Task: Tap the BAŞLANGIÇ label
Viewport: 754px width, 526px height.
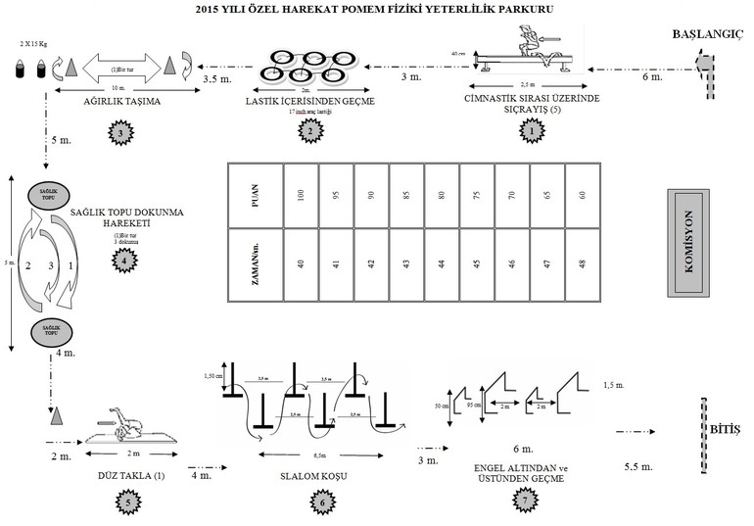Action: coord(710,35)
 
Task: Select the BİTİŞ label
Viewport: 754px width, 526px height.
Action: coord(729,430)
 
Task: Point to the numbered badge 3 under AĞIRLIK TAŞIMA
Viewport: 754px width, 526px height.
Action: coord(119,132)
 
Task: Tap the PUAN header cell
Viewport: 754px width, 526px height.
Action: coord(255,196)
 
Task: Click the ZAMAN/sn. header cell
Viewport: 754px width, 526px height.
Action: coord(255,263)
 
